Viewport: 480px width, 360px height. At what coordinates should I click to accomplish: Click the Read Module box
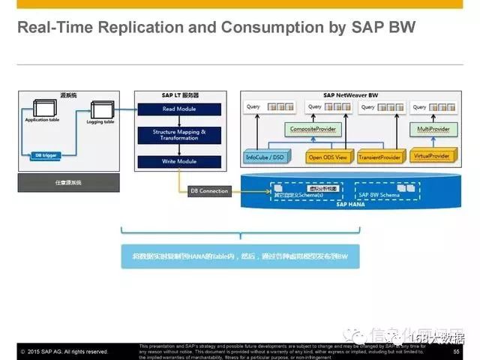(180, 109)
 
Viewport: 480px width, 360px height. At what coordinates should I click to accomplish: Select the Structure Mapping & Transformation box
(180, 135)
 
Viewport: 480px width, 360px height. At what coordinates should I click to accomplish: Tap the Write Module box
(180, 161)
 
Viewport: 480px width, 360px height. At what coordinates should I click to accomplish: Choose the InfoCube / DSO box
(265, 157)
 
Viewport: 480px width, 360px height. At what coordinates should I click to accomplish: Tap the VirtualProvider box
(432, 157)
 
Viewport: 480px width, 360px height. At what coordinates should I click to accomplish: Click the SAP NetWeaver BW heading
(351, 95)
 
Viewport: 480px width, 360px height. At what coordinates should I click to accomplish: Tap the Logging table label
(99, 121)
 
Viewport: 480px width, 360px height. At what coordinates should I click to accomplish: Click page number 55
(456, 350)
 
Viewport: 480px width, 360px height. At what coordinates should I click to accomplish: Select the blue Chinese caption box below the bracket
(240, 255)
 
